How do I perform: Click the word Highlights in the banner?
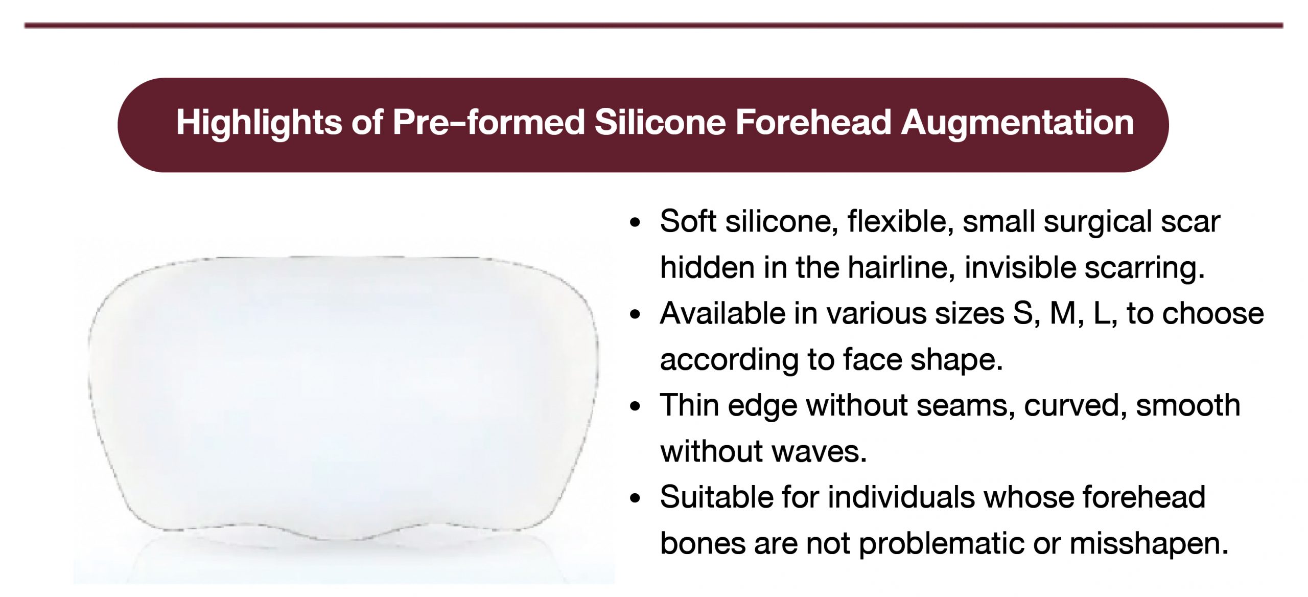point(259,123)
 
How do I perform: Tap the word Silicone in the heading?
point(660,123)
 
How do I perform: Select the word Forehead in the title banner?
point(813,123)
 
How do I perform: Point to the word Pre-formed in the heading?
point(488,123)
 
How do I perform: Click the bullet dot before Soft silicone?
point(635,223)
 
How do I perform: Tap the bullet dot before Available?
point(635,315)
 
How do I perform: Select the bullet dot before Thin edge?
point(635,407)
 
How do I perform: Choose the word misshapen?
point(1149,544)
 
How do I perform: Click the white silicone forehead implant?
point(343,399)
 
